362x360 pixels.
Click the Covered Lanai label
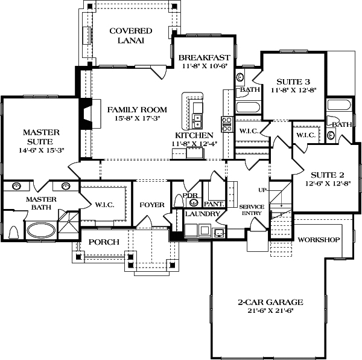(x=131, y=36)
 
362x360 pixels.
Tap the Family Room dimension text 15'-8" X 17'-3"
(x=138, y=118)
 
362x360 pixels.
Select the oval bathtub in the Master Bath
(x=41, y=230)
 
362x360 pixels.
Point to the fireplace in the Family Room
(x=91, y=114)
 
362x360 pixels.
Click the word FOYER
(x=152, y=205)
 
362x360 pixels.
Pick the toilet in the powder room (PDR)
(x=179, y=201)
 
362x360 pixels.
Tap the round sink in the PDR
(x=194, y=202)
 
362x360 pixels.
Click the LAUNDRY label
(x=202, y=214)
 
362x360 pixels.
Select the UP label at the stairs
(x=262, y=190)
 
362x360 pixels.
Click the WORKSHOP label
(x=319, y=240)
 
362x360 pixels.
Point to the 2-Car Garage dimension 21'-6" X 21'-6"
(x=270, y=311)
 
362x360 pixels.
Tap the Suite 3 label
(x=293, y=82)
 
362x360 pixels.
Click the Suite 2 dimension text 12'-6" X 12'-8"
(x=328, y=184)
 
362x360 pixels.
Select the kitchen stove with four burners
(x=227, y=124)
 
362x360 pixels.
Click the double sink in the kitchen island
(x=198, y=121)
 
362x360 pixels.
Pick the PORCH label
(x=104, y=242)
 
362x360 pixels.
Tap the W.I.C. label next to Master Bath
(x=104, y=205)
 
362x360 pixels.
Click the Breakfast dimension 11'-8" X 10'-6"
(x=205, y=66)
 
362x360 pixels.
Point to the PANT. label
(x=214, y=204)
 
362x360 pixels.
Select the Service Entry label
(x=252, y=210)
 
